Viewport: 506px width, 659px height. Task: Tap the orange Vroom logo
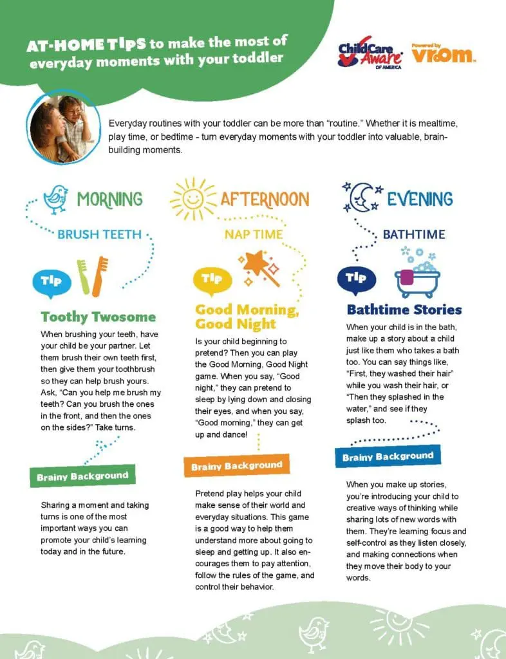click(444, 54)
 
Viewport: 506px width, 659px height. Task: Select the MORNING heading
click(109, 199)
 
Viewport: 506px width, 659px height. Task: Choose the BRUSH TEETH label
click(99, 234)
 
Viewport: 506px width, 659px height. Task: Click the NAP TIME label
click(254, 234)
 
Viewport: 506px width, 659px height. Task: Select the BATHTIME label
click(414, 234)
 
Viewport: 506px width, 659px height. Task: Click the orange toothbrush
click(100, 277)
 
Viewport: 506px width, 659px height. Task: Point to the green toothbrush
click(84, 277)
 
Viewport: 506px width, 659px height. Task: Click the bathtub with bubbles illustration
click(417, 274)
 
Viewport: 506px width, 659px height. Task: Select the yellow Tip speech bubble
click(212, 279)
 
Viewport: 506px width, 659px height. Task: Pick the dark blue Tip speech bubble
click(356, 278)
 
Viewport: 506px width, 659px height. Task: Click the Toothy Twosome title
click(98, 317)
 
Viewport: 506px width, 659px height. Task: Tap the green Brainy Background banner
click(82, 476)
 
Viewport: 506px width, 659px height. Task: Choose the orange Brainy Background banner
click(236, 465)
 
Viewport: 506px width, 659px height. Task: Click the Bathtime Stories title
click(404, 310)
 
